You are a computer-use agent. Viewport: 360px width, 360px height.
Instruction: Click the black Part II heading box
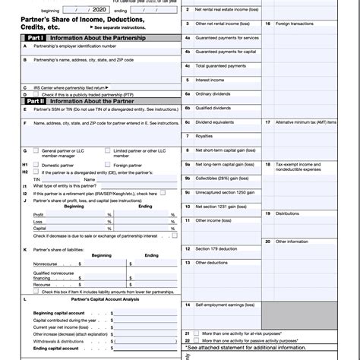click(36, 99)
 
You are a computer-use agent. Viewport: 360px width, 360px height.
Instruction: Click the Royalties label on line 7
click(204, 136)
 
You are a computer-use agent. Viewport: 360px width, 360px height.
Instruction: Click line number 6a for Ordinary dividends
click(187, 93)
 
